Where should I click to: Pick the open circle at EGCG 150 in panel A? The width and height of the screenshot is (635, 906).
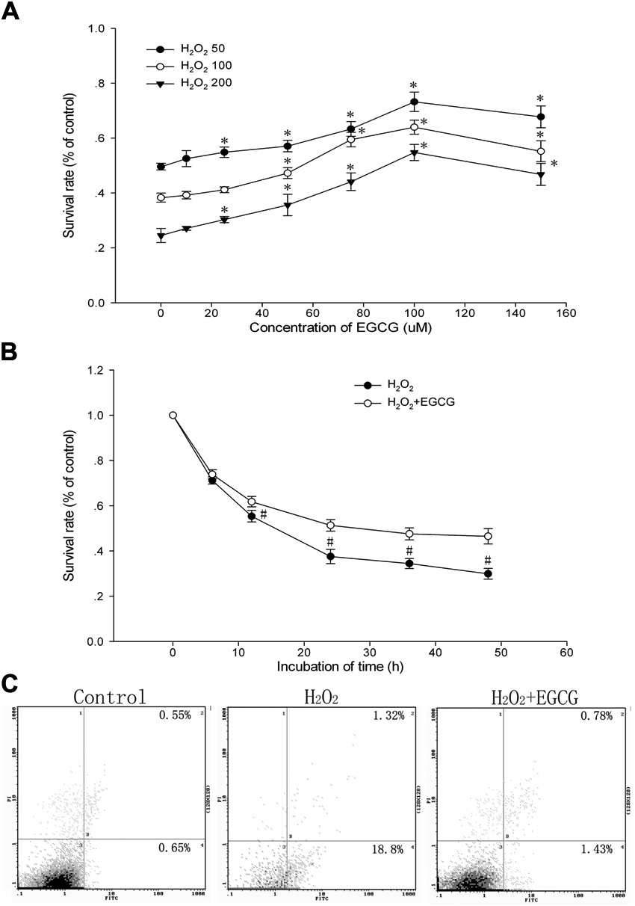541,151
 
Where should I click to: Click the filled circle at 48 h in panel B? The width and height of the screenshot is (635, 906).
488,574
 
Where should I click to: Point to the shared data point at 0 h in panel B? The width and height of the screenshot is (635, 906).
173,415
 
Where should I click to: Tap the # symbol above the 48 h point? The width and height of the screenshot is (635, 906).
488,560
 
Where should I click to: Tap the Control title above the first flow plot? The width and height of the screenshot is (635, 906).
110,696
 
